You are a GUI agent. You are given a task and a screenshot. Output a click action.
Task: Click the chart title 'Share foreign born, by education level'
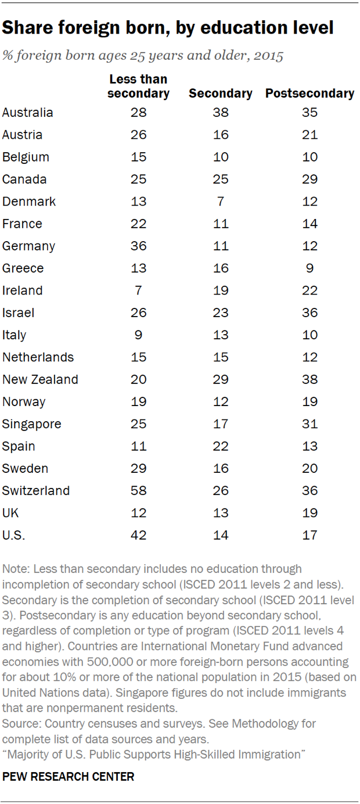click(x=168, y=27)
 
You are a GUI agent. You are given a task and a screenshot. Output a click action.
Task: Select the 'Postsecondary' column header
click(x=309, y=93)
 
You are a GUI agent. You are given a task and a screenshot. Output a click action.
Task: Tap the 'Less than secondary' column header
click(x=138, y=86)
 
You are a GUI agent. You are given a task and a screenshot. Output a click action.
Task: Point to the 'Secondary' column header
click(x=221, y=93)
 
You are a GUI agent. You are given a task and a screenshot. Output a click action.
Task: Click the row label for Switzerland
click(x=36, y=490)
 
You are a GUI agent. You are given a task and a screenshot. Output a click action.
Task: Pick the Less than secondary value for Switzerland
click(x=138, y=490)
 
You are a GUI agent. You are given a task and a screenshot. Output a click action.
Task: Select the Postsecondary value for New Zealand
click(x=309, y=379)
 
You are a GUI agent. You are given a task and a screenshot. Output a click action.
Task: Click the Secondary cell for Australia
click(x=221, y=113)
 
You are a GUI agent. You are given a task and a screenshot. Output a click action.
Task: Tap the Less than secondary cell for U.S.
click(x=138, y=534)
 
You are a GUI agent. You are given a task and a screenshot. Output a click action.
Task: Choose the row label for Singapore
click(x=32, y=423)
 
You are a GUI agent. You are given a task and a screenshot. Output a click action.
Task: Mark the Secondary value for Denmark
click(x=221, y=202)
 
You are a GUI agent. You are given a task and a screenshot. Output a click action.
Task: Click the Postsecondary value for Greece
click(x=309, y=268)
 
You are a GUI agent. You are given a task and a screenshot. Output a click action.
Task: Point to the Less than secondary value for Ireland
click(x=138, y=290)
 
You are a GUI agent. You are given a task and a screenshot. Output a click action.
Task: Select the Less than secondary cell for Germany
click(x=138, y=246)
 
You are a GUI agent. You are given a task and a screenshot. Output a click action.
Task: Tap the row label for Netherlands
click(x=37, y=357)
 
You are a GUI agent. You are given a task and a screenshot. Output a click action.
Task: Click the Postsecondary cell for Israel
click(x=309, y=313)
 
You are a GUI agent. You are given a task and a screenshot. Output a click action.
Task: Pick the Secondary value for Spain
click(x=221, y=446)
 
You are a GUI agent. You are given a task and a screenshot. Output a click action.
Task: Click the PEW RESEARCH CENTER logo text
click(x=69, y=776)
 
